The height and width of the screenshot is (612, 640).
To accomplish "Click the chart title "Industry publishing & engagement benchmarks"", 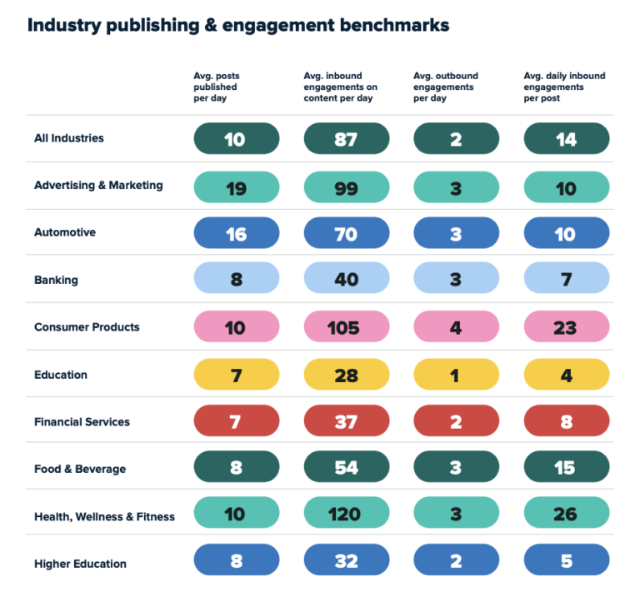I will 238,25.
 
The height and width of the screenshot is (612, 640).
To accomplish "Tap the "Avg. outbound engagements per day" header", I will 446,87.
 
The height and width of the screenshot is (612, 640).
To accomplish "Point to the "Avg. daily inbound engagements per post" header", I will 564,87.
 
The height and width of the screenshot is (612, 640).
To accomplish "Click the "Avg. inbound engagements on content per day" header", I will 340,87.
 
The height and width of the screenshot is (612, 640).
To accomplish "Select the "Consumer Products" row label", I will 87,327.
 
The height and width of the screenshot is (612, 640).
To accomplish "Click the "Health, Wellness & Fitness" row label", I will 104,516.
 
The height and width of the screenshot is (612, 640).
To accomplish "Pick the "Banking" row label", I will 56,280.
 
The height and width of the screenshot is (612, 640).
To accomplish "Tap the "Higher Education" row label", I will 80,564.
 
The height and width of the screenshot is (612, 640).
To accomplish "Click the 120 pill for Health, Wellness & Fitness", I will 346,514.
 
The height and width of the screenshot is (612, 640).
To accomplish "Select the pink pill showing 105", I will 346,327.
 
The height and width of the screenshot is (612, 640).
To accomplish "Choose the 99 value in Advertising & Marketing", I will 346,188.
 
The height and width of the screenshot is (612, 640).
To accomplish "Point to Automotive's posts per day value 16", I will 236,234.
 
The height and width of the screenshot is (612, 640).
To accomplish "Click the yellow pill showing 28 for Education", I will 346,375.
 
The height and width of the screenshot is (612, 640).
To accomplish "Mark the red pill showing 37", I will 346,421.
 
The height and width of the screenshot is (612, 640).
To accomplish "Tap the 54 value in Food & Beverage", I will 346,468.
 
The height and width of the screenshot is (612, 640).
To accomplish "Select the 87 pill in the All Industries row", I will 346,139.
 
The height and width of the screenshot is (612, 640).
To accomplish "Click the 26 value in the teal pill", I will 566,514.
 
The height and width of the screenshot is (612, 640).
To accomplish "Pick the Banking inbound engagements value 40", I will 346,280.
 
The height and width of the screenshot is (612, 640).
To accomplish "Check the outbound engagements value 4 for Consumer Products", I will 456,327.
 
